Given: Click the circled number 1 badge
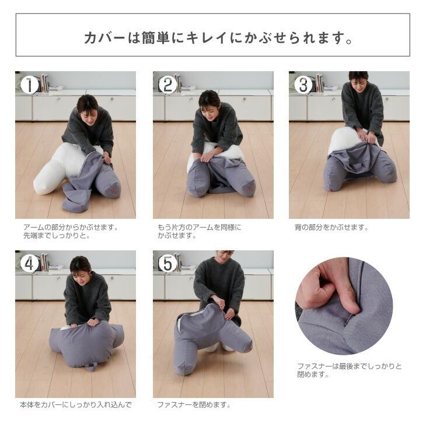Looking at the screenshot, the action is (x=29, y=85).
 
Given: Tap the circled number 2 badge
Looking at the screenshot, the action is (x=167, y=85).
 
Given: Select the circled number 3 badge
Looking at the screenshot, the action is (x=303, y=85).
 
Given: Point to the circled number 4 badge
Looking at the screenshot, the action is (x=29, y=264).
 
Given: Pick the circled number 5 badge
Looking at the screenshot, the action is (x=167, y=264).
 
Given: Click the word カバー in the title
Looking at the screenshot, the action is (x=104, y=38).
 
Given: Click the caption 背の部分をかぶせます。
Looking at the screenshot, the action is (x=331, y=227).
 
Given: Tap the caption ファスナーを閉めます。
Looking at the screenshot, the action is (x=194, y=404).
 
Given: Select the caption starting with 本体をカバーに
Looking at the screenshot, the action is (x=76, y=404).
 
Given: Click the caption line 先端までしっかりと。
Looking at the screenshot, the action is (x=57, y=236).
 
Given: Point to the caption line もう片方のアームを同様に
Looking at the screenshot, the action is (x=199, y=227).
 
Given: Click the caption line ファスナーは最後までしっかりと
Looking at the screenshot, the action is (x=350, y=366).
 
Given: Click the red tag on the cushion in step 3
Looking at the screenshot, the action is (x=331, y=190).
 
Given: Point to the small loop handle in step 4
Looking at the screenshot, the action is (x=90, y=366).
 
